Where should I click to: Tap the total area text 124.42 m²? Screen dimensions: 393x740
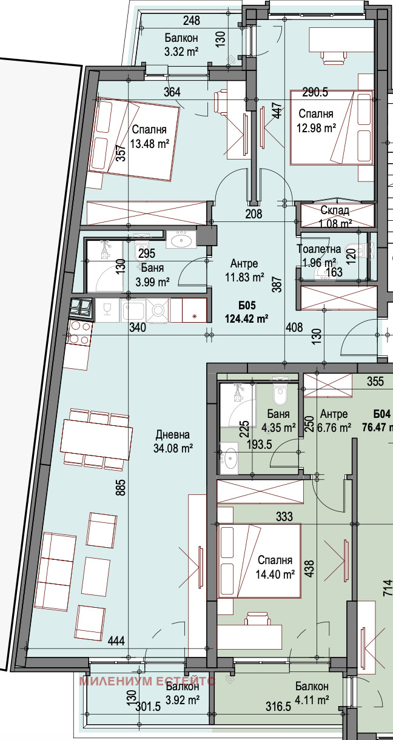[246, 319]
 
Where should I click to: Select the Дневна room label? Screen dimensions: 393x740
[173, 435]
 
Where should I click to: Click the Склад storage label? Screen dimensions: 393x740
[335, 210]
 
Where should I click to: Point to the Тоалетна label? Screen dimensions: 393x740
[318, 249]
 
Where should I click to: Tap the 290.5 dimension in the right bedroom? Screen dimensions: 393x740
[315, 93]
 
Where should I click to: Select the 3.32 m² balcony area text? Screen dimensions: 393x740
[181, 52]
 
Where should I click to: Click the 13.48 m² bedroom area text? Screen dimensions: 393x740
[150, 144]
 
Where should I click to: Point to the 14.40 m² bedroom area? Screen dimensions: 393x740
[275, 574]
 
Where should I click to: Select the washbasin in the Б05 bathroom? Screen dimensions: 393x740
[181, 239]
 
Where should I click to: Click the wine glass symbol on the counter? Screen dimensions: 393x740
[106, 310]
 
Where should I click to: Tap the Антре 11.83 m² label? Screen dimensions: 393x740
[244, 271]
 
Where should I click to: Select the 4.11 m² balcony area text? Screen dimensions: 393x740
[312, 700]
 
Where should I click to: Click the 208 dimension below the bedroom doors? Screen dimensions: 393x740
[254, 214]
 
